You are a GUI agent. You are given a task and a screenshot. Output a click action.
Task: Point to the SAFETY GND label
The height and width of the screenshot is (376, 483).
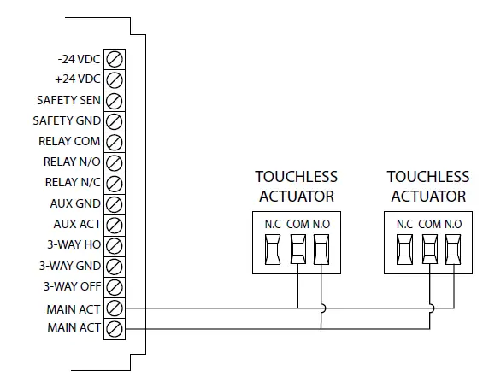68,120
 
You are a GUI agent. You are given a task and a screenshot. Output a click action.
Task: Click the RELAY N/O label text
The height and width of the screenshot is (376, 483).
72,162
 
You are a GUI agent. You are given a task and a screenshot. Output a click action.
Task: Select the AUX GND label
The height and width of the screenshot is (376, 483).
77,203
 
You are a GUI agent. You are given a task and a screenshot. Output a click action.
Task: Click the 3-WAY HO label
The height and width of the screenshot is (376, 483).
74,244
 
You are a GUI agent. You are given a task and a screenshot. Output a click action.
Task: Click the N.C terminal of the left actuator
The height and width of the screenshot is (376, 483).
274,250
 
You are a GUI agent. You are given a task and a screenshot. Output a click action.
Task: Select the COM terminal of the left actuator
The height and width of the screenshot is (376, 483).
297,250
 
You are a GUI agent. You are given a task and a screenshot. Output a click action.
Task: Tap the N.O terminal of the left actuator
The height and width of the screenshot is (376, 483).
321,250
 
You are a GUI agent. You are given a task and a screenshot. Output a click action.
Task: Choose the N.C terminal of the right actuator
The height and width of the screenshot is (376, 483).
405,250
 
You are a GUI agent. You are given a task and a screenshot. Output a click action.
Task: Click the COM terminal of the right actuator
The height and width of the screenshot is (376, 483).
429,250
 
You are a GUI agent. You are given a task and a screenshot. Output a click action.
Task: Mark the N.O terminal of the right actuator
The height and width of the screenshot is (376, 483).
452,250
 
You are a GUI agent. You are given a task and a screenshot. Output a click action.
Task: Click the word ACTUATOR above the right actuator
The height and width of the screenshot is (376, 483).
428,197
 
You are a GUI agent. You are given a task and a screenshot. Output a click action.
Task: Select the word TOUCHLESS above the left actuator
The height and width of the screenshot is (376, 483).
297,178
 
